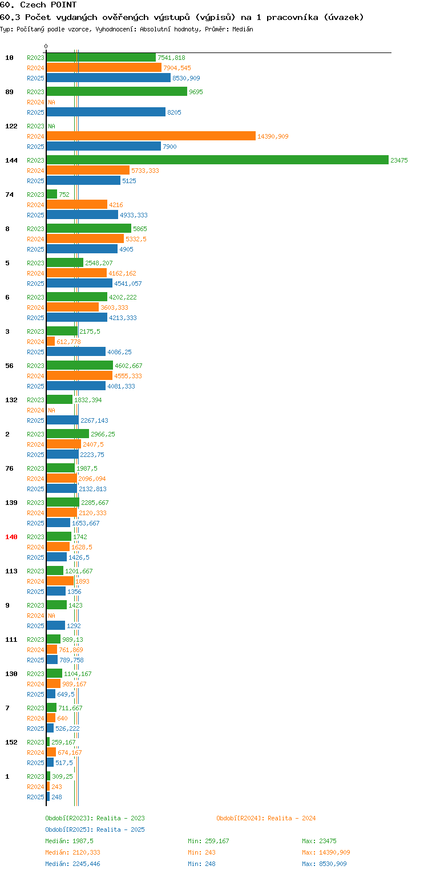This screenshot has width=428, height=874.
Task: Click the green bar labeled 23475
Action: pos(217,160)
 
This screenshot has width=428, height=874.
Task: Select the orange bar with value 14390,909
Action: pos(151,136)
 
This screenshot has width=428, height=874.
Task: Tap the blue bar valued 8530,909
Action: pos(108,78)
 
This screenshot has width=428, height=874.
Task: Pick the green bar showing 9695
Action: pos(116,91)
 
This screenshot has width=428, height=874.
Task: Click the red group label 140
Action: pos(11,537)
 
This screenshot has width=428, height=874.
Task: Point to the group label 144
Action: pos(11,160)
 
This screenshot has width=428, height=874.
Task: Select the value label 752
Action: pos(64,195)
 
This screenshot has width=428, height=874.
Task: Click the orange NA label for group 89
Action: pos(51,102)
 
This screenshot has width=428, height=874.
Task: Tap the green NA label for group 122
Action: pos(51,126)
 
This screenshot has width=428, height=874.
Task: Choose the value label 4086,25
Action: pos(119,352)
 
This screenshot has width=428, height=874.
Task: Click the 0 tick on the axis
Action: pos(46,46)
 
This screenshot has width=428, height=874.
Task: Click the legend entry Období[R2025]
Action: pos(68,830)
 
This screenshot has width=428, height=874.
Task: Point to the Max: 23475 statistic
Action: pos(319,841)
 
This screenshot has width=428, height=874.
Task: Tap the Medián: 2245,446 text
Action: pos(72,864)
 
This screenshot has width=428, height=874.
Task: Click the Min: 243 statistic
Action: pos(201,852)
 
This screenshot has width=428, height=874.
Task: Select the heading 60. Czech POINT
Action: pos(38,5)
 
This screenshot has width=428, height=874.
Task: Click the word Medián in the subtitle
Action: pos(243,29)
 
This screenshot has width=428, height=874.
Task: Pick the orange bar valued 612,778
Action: pos(51,341)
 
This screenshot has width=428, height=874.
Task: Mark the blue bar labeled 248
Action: pos(48,797)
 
